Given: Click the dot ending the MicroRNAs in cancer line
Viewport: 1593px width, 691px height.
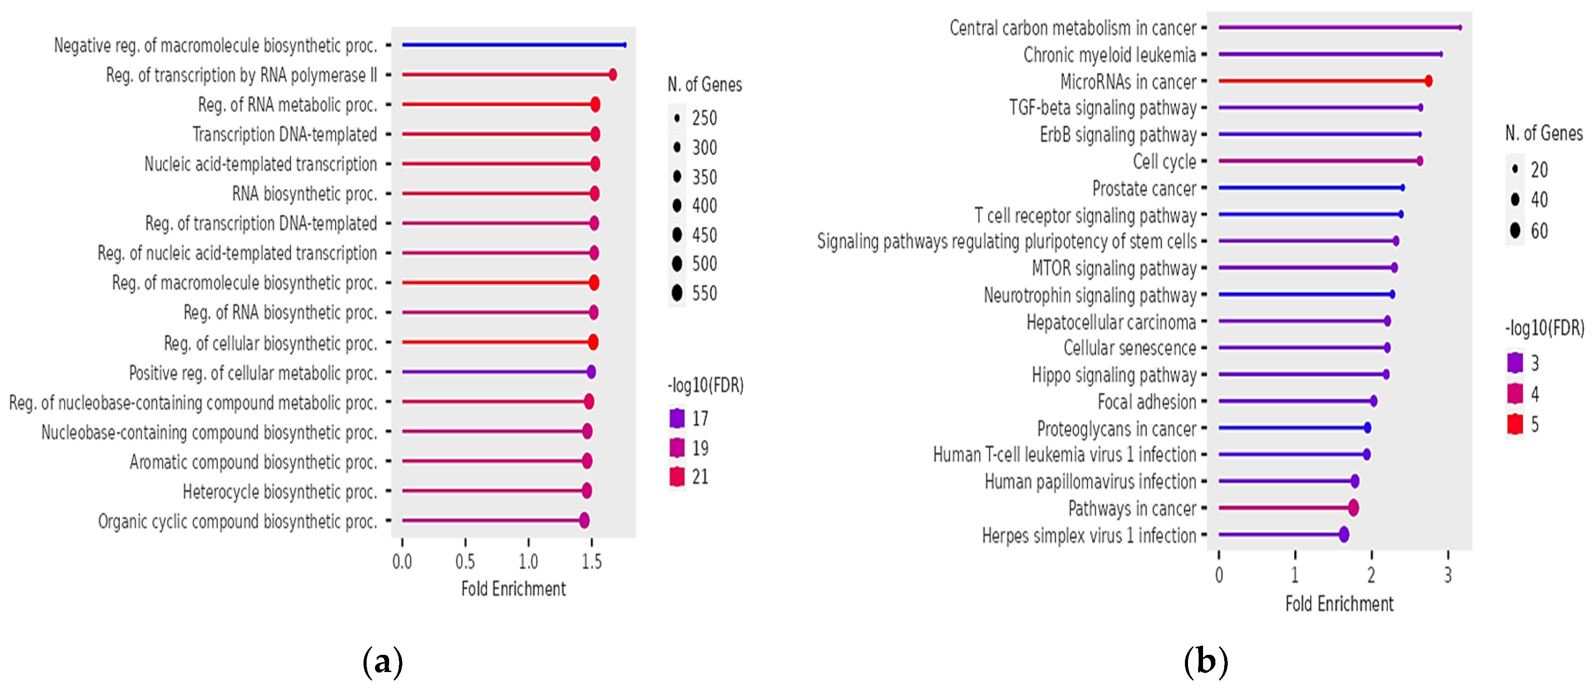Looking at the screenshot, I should tap(1428, 81).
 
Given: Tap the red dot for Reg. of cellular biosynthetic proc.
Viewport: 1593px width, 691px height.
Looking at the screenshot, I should tap(593, 342).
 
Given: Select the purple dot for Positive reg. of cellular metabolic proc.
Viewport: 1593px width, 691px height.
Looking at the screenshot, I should tap(591, 372).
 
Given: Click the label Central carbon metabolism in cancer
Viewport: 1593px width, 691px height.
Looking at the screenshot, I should tap(1072, 28).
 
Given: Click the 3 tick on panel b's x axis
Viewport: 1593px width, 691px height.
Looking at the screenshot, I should tap(1448, 575).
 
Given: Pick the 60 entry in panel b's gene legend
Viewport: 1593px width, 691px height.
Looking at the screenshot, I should tap(1515, 231).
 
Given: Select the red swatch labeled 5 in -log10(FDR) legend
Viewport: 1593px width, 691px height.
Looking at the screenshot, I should tap(1515, 424).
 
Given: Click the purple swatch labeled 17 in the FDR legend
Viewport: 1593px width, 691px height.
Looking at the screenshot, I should tap(677, 418).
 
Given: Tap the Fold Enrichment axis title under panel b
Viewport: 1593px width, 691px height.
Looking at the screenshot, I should tap(1339, 604).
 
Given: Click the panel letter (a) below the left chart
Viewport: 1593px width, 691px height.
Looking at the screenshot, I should tap(382, 662).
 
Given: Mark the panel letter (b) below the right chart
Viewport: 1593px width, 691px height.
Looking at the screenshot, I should tap(1205, 662).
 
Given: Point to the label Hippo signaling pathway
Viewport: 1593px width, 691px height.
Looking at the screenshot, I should tap(1114, 375).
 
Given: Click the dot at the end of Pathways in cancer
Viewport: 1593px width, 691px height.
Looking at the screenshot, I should tap(1353, 508).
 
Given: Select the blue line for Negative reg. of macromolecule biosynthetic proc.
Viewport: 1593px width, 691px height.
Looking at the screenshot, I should tap(513, 45).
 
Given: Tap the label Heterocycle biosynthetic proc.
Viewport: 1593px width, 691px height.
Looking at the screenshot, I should tap(280, 492).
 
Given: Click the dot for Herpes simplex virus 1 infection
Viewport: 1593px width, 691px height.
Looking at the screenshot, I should tap(1344, 534).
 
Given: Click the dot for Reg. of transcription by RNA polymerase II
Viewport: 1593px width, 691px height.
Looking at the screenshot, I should tap(613, 75).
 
